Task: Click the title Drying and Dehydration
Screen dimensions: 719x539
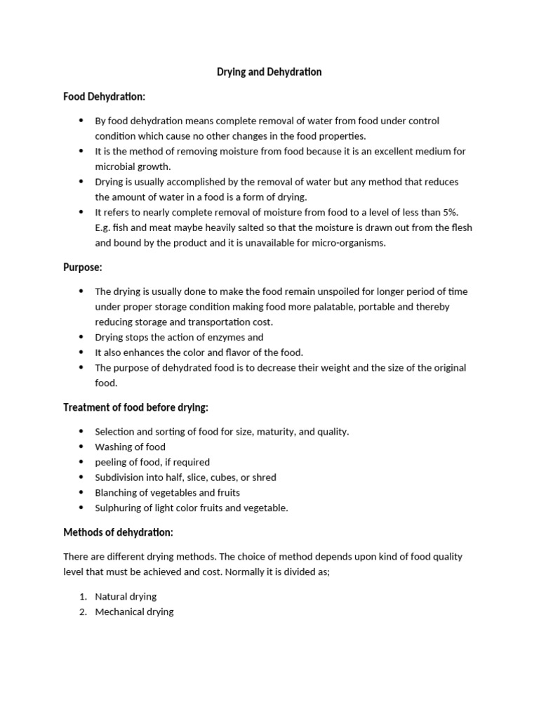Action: [x=268, y=72]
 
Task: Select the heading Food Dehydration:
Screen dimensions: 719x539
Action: [x=104, y=96]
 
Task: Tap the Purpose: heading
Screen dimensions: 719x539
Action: [x=83, y=268]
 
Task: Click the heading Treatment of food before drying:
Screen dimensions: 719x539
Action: [x=135, y=407]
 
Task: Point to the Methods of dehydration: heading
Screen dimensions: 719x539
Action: [x=118, y=532]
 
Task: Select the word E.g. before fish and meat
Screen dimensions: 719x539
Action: [x=104, y=227]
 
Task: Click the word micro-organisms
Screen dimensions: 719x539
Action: [x=353, y=243]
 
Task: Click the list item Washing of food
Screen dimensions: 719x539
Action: [x=131, y=447]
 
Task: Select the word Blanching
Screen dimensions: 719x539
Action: [x=117, y=492]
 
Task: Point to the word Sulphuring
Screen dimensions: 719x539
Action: [x=118, y=508]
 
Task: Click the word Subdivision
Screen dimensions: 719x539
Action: [x=119, y=477]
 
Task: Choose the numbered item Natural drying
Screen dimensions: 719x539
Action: [x=126, y=596]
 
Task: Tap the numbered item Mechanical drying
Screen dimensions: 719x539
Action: [x=134, y=612]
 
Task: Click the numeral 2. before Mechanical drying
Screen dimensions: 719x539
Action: [x=82, y=612]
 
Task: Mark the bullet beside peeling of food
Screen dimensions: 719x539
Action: [x=81, y=462]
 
